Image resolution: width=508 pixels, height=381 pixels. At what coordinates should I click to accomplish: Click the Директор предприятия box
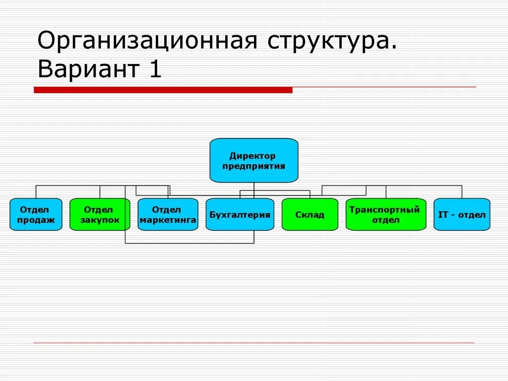pos(254,160)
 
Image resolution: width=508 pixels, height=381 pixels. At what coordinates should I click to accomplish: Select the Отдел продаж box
pos(36,214)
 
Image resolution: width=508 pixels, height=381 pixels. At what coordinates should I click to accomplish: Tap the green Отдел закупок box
pos(100,214)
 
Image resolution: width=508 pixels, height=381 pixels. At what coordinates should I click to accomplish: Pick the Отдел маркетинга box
pos(168,214)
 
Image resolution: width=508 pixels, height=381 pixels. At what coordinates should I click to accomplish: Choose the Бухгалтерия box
pos(240,214)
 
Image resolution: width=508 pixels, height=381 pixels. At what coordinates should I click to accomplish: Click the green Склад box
pos(310,214)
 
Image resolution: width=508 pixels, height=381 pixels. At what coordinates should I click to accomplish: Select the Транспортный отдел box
pos(385,214)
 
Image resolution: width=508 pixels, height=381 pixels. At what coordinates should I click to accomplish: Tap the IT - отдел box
pos(462,214)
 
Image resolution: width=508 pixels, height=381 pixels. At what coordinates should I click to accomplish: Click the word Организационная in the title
pos(147,41)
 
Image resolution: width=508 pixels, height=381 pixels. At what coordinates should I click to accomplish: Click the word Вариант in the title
pos(87,69)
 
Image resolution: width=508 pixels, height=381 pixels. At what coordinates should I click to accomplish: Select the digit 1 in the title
pos(155,69)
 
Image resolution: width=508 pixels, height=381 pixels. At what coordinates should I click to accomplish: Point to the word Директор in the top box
pos(253,156)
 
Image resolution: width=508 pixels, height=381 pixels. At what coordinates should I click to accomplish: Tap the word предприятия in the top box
pos(254,166)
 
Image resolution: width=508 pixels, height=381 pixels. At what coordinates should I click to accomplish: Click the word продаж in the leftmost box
pos(36,220)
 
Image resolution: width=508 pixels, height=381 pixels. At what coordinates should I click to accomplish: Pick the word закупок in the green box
pos(100,220)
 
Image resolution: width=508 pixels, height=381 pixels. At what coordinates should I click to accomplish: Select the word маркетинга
pos(168,220)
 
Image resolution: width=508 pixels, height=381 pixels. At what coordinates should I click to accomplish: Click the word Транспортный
pos(384,209)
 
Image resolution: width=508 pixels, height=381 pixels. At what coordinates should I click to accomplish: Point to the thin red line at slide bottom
pos(254,343)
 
